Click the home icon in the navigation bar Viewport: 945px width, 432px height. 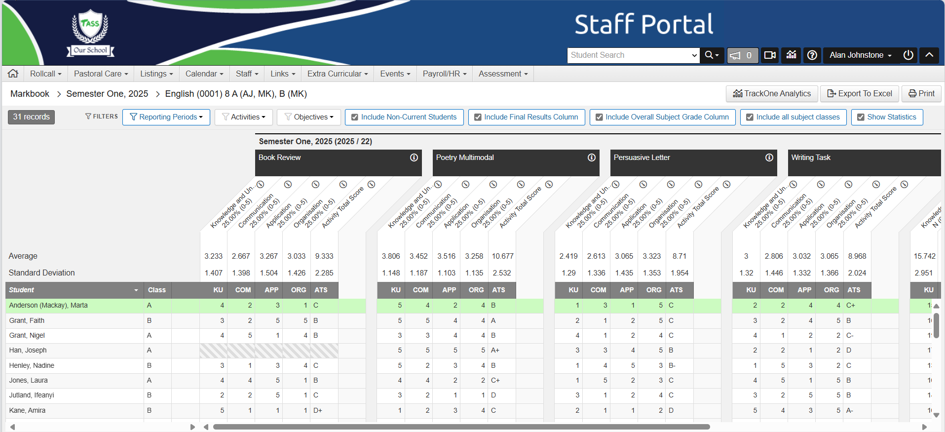tap(13, 74)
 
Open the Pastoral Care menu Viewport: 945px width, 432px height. tap(101, 74)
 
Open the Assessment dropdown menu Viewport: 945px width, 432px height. tap(503, 74)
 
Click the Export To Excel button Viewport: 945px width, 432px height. tap(860, 93)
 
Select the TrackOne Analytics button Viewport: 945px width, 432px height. tap(772, 93)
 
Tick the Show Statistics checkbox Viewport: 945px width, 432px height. tap(861, 117)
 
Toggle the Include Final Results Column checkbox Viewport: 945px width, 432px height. tap(478, 117)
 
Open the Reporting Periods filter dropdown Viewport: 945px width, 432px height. tap(166, 117)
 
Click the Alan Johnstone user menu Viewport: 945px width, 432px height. tap(860, 55)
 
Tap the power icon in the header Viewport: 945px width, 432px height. tap(908, 55)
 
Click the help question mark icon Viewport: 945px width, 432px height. tap(812, 55)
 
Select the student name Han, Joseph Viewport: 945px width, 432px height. tap(28, 350)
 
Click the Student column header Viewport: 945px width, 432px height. tap(22, 290)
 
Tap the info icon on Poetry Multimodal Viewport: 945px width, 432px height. tap(591, 157)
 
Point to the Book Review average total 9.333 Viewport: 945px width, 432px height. tap(324, 256)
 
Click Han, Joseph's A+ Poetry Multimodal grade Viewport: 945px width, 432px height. tap(495, 350)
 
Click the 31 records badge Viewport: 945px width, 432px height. tap(31, 117)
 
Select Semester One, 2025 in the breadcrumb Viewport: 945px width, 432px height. tap(107, 94)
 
